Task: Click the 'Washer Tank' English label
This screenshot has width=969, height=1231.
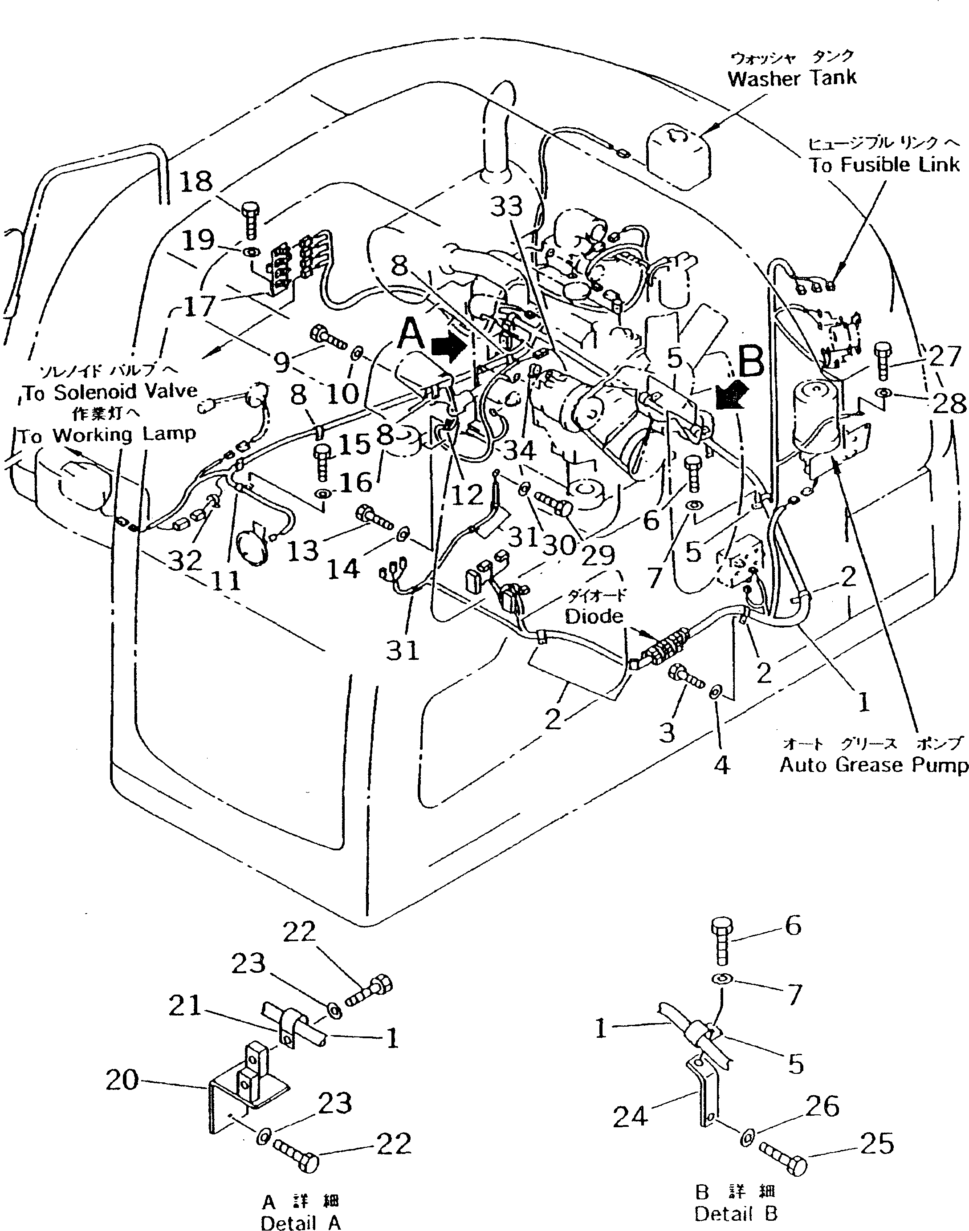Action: [792, 78]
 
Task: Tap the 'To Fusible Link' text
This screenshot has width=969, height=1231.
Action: [884, 165]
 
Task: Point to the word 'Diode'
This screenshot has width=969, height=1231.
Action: [594, 616]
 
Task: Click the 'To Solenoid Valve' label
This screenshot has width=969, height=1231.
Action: [110, 392]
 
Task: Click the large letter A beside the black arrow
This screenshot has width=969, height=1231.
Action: [411, 335]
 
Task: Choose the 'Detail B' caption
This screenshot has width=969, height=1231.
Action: [736, 1214]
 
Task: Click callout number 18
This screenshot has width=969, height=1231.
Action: [196, 182]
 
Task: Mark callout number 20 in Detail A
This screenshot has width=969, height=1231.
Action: [122, 1080]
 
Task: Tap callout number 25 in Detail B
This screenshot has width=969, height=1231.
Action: [876, 1144]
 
